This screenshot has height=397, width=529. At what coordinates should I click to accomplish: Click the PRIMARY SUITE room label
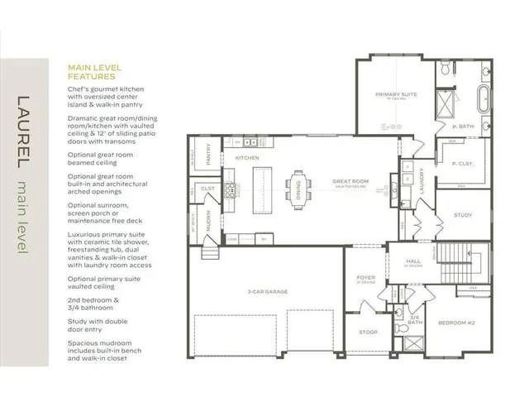[396, 95]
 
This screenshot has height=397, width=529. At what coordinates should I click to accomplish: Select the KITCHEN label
[247, 157]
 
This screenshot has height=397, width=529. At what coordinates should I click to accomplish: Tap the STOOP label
[368, 332]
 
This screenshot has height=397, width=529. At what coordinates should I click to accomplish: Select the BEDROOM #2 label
[455, 322]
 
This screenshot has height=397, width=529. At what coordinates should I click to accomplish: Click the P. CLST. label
[462, 163]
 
